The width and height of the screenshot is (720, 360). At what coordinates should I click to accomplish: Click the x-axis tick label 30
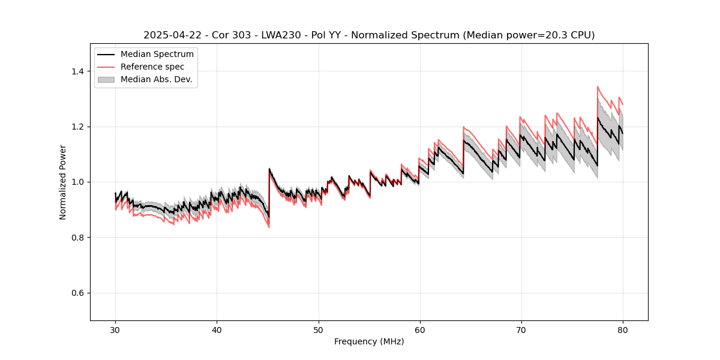115,330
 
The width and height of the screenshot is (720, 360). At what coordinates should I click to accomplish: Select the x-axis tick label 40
217,330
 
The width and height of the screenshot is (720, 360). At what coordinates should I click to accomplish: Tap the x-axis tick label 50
318,330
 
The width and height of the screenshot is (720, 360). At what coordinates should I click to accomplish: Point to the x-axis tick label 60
419,330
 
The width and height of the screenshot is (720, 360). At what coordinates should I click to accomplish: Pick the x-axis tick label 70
521,330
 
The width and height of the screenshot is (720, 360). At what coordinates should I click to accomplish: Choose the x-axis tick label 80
622,330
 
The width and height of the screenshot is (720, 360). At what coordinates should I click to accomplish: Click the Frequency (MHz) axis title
369,341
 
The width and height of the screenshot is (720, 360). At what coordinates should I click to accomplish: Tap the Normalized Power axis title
63,182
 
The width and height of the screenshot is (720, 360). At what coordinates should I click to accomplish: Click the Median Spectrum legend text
157,55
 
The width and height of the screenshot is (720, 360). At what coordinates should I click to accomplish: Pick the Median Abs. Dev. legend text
156,79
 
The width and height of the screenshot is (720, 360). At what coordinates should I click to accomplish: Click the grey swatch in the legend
106,79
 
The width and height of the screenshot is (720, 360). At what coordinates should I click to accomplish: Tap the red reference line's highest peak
598,86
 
